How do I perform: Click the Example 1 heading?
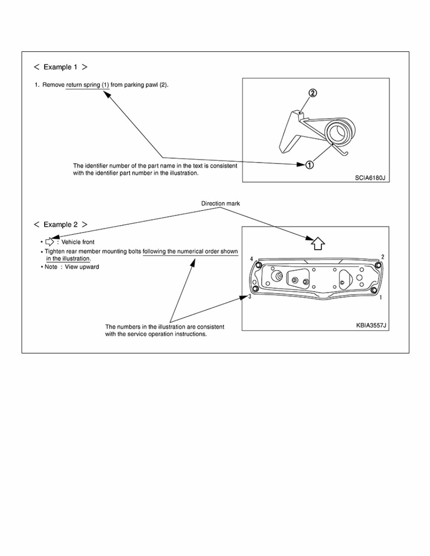(60, 67)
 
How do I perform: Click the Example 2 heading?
(60, 225)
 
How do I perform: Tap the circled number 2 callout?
(312, 93)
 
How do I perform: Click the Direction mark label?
(221, 203)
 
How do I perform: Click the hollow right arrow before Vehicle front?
(50, 242)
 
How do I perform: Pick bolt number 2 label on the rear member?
(383, 256)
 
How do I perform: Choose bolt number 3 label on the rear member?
(249, 297)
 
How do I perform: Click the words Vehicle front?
(78, 242)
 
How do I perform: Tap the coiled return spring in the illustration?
(341, 132)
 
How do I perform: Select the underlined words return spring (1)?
(87, 85)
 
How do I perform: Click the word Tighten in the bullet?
(54, 252)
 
